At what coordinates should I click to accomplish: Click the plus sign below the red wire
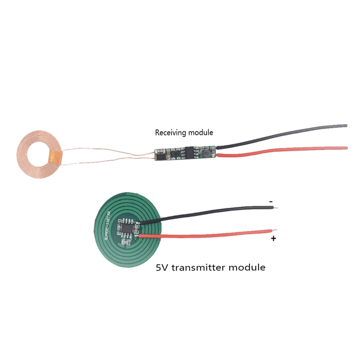(274, 238)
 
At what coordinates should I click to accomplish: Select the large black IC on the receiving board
(189, 151)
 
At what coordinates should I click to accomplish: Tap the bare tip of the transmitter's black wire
(276, 208)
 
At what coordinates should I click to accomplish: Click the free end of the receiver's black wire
(346, 126)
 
